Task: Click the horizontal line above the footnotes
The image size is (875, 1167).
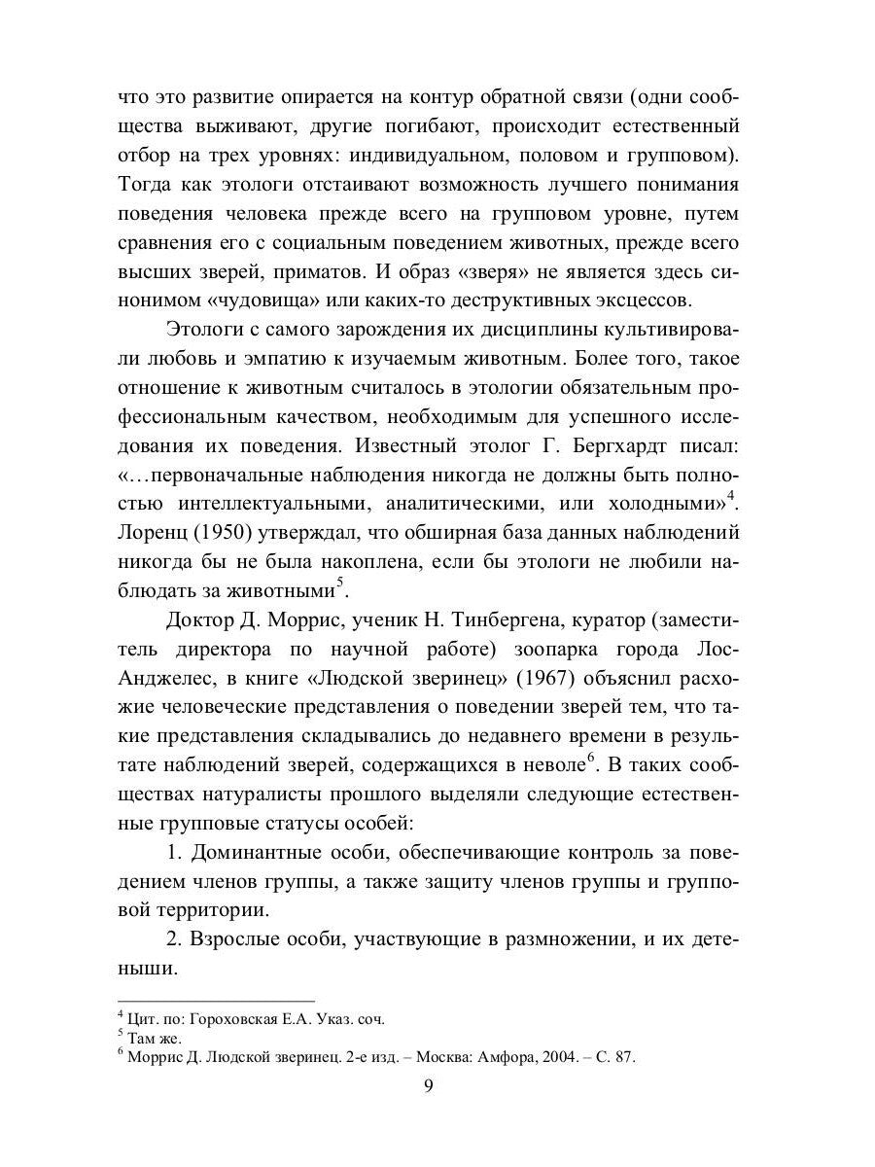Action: click(x=216, y=1001)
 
